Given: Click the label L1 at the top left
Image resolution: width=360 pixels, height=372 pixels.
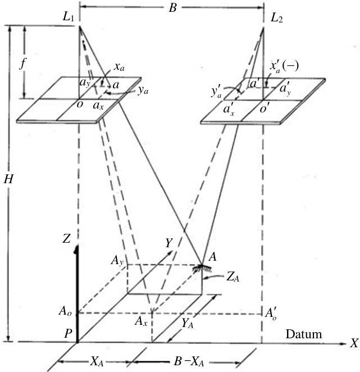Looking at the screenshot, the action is (68, 18).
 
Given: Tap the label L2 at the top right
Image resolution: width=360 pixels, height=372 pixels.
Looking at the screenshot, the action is (276, 18).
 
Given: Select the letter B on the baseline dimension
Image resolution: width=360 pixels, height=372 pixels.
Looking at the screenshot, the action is (173, 8).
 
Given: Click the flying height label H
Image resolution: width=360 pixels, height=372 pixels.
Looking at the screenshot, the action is (8, 179).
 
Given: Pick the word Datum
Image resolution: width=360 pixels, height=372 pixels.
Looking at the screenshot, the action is (304, 334).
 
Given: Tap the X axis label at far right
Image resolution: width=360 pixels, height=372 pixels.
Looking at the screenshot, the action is (354, 343).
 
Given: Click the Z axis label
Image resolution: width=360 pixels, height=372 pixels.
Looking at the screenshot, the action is (67, 239).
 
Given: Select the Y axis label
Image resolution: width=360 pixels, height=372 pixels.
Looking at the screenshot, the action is (168, 243).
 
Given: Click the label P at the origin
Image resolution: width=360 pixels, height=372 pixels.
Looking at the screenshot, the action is (68, 334).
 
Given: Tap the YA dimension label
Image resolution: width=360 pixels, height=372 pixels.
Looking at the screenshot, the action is (188, 324).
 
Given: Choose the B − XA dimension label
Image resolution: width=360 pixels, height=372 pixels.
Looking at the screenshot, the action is (189, 362).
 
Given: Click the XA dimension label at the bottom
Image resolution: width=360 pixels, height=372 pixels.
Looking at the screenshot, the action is (97, 362).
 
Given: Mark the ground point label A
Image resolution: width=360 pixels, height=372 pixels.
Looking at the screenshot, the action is (213, 257).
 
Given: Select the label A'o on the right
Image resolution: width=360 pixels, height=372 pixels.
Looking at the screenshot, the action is (271, 314).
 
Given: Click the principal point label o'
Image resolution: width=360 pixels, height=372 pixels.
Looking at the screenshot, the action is (264, 108).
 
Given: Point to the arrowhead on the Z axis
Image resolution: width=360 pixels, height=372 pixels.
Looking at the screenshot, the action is (76, 249).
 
